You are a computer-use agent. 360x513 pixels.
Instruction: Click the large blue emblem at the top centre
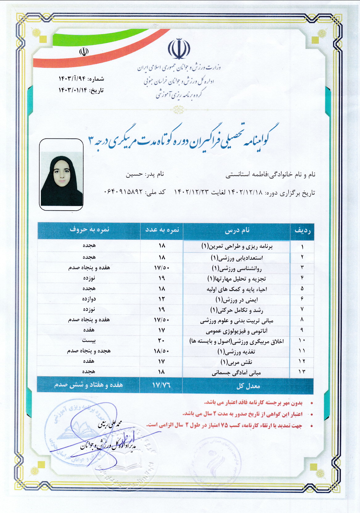(x=179, y=49)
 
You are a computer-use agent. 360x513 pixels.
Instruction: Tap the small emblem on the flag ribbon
(x=84, y=51)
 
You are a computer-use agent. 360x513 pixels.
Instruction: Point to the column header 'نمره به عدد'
(x=162, y=230)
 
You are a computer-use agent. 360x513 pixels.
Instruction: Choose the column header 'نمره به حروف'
(x=89, y=230)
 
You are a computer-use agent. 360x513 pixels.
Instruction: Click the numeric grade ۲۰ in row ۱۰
(x=161, y=341)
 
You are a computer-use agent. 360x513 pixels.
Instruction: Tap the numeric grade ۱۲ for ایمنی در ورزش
(x=162, y=299)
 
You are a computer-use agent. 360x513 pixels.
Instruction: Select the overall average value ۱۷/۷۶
(x=161, y=385)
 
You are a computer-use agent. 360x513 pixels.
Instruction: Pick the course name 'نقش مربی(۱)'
(x=236, y=362)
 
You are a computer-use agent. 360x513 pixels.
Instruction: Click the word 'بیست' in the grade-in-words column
(x=89, y=341)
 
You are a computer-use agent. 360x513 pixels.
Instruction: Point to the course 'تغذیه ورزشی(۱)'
(x=236, y=351)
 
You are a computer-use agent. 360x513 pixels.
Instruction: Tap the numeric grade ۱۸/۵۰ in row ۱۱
(x=161, y=351)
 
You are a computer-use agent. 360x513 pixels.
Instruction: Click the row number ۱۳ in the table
(x=302, y=372)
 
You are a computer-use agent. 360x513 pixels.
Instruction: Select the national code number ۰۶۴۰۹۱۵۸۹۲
(x=123, y=192)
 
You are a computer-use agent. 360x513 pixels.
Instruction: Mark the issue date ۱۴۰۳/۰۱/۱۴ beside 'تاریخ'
(x=73, y=90)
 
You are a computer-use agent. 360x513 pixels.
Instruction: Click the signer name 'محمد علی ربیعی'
(x=110, y=424)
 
